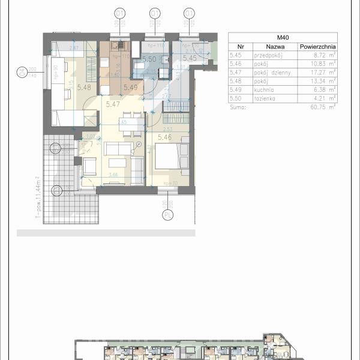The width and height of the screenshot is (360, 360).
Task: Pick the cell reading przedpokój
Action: click(268, 54)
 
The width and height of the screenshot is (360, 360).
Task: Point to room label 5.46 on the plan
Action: click(166, 137)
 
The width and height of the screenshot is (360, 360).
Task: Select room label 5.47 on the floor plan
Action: click(112, 104)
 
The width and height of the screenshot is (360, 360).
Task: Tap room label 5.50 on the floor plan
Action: click(149, 59)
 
